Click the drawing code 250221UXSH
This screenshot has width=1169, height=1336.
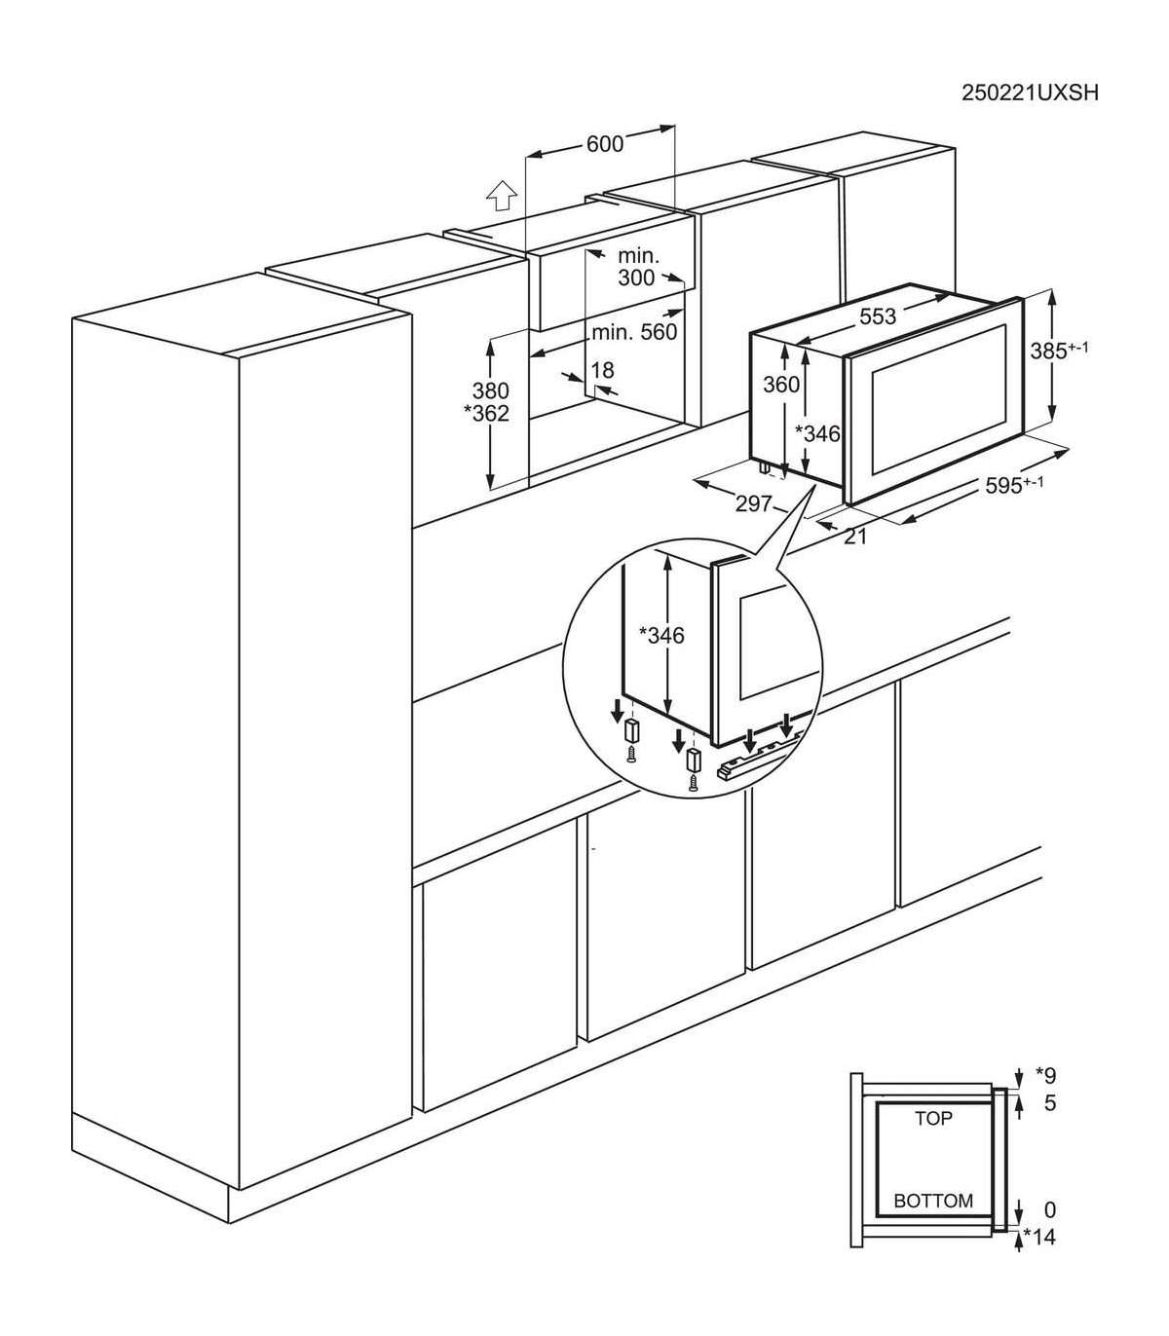1030,93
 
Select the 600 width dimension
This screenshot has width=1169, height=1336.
605,144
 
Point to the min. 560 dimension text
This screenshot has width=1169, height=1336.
634,332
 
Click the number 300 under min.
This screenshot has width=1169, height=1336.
636,278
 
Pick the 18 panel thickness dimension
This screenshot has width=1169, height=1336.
602,370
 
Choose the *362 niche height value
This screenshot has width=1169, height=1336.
485,413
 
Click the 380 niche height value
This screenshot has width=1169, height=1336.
490,391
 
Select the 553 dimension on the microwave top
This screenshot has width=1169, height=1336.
877,316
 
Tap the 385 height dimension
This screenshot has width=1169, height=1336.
1059,350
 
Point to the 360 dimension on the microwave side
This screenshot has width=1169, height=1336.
781,385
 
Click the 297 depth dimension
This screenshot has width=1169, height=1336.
754,504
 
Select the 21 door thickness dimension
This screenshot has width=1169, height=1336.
855,537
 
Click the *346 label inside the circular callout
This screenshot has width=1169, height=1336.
660,635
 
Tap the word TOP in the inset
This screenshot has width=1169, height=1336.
933,1118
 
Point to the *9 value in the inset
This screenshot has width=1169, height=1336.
1045,1075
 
